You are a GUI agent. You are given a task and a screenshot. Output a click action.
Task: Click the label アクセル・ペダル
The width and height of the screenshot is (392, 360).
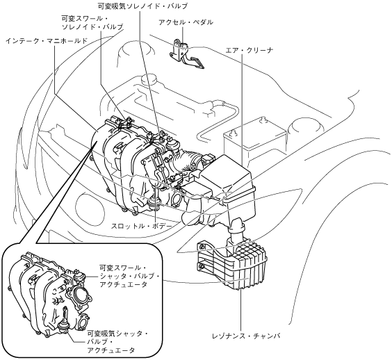186,22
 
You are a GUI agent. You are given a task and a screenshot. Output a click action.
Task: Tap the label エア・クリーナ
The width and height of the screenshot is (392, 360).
249,51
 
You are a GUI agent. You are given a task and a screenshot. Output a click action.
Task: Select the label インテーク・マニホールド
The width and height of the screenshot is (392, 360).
47,41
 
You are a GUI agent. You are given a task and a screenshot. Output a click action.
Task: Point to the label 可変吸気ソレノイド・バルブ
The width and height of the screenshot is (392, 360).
142,6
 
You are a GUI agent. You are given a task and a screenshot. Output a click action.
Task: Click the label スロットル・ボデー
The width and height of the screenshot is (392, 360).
142,227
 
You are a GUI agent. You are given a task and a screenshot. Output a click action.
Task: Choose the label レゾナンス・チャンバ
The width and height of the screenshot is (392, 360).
246,336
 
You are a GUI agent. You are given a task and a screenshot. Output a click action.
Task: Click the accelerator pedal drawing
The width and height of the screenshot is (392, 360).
187,54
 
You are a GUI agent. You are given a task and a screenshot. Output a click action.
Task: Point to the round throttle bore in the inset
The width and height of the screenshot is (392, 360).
79,297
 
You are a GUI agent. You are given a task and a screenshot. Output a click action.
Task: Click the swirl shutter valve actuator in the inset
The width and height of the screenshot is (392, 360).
79,277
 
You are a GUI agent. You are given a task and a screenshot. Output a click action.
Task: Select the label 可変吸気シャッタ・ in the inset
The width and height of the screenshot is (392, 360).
117,334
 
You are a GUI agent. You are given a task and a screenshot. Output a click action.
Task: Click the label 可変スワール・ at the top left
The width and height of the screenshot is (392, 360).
85,19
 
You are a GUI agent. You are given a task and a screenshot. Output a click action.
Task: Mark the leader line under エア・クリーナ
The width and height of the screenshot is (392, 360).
242,110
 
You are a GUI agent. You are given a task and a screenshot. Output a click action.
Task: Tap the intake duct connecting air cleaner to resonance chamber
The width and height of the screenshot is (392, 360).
235,228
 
